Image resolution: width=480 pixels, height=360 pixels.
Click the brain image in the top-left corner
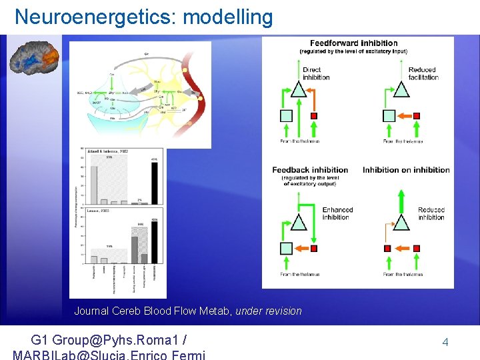(x=34, y=56)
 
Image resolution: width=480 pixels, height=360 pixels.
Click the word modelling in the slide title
(x=227, y=17)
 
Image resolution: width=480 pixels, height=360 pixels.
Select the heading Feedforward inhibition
(x=353, y=43)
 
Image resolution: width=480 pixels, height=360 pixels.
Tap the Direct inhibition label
(x=316, y=73)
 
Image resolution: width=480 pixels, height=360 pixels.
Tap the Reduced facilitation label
(x=423, y=73)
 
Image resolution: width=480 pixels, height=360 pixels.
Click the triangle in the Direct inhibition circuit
(x=299, y=89)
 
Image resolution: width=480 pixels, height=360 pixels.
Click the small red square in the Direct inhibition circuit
(x=314, y=116)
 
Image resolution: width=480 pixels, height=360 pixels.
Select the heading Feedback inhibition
(x=310, y=170)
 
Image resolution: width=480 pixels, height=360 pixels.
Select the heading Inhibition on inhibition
(x=406, y=170)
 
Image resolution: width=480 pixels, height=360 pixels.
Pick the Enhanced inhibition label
(x=337, y=213)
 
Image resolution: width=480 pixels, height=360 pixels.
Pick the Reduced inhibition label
(x=431, y=213)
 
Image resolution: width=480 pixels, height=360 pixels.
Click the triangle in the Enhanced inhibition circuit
(x=300, y=222)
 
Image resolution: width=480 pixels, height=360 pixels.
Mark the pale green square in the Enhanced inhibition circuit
(x=286, y=249)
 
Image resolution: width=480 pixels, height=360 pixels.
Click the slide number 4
(x=445, y=342)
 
